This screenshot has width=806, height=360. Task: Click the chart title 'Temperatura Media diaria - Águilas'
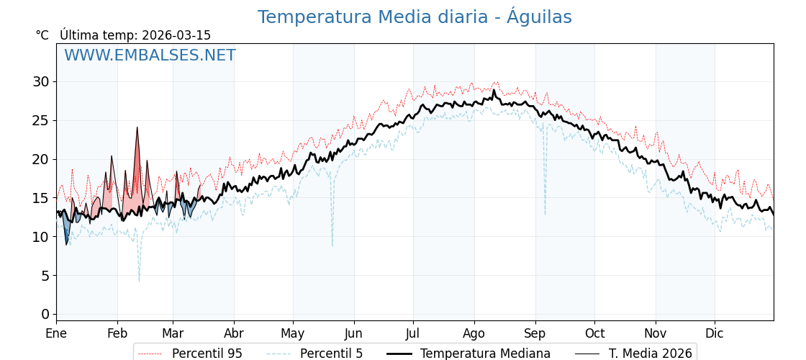tap(415, 17)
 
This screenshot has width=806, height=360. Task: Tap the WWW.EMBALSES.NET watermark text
tap(150, 55)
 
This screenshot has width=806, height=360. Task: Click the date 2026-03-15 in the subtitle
tap(176, 35)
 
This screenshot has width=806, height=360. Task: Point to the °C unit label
tap(42, 35)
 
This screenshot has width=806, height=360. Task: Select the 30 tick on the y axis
tap(40, 81)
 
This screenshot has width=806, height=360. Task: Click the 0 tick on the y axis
tap(45, 314)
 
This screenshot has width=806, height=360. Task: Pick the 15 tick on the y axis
tap(40, 197)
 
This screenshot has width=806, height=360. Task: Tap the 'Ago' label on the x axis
tap(474, 334)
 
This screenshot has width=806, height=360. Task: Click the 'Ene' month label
tap(56, 334)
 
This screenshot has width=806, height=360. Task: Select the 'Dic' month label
tap(715, 334)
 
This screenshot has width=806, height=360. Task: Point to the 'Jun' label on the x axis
tap(353, 334)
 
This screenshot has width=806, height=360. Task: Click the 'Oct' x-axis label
tap(594, 334)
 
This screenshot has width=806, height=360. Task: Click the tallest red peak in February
tap(137, 128)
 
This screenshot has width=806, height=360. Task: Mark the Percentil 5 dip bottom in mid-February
tap(139, 281)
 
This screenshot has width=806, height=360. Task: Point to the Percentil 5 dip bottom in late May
tap(332, 246)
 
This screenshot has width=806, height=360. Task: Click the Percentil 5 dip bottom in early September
tap(545, 214)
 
